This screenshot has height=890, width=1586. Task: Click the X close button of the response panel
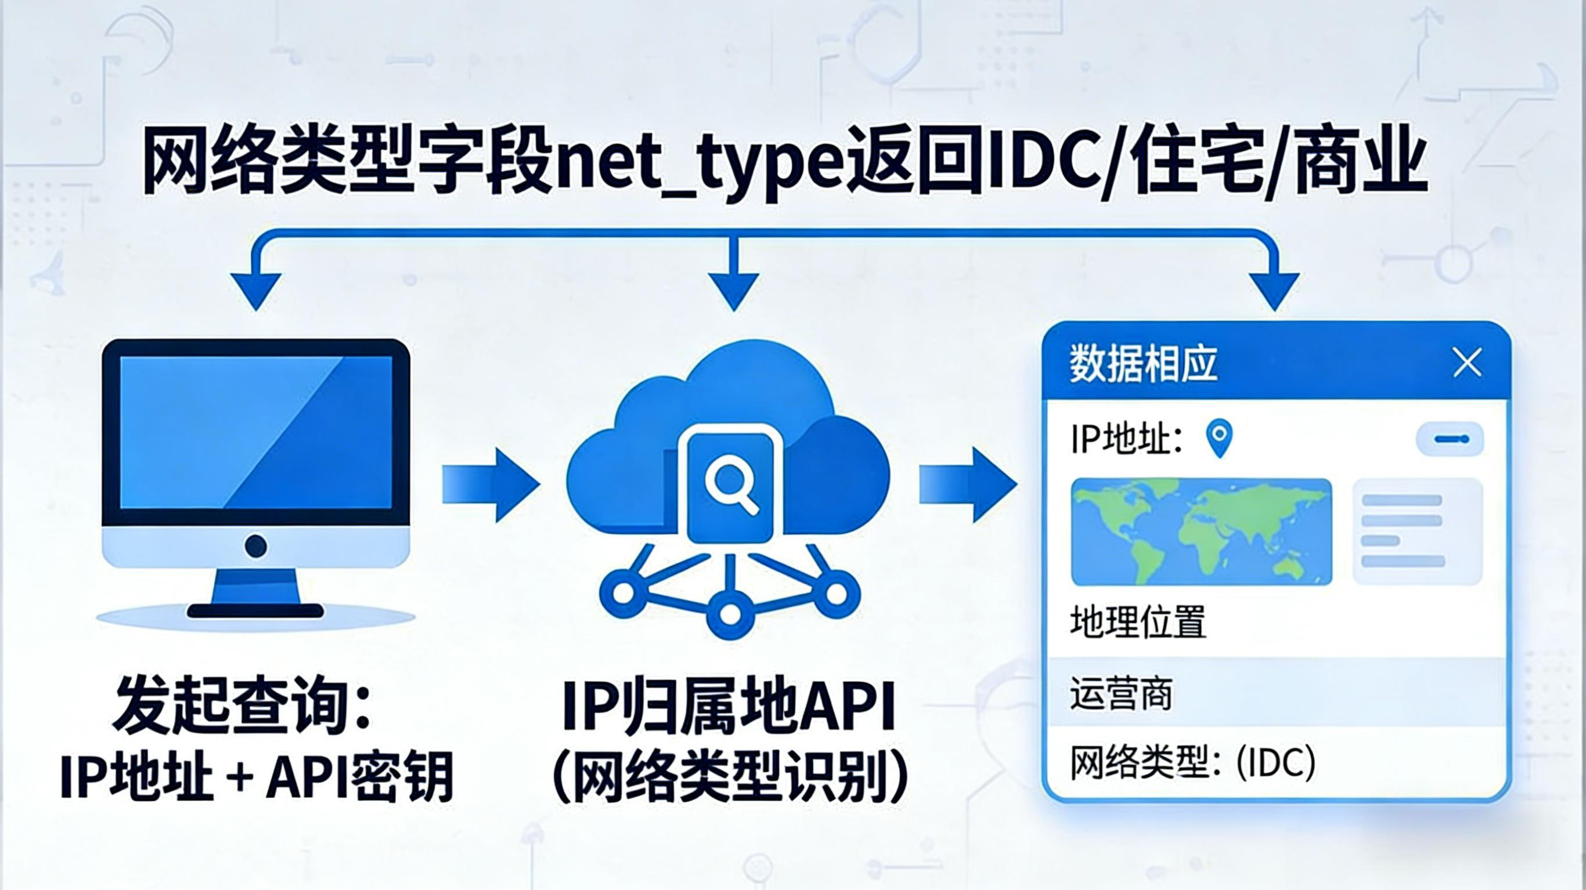click(1467, 363)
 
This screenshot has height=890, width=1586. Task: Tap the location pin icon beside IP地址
click(1219, 437)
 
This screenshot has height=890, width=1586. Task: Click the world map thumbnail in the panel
click(1201, 532)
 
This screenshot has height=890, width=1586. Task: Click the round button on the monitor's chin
click(255, 545)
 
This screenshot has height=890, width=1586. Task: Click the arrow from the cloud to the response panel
click(967, 485)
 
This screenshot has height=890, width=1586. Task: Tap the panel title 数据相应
click(1143, 364)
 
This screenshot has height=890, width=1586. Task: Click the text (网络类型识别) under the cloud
click(730, 777)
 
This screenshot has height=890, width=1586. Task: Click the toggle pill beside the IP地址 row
click(1450, 439)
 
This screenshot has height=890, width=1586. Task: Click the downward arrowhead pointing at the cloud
click(733, 291)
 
